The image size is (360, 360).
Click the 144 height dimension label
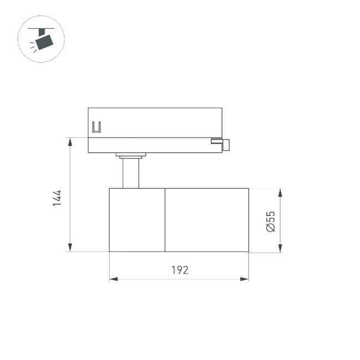coord(57,198)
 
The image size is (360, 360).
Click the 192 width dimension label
coord(179,270)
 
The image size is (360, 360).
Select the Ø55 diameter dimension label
coord(270,220)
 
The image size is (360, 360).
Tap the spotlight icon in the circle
coord(42,39)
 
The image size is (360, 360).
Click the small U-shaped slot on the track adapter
coord(96,127)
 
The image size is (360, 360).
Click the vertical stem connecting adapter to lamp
coord(131,173)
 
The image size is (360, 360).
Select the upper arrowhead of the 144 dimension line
coord(70,142)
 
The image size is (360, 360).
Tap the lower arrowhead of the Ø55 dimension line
coord(280,248)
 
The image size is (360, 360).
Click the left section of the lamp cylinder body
coord(137,220)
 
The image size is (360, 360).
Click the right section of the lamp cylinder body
coord(207,220)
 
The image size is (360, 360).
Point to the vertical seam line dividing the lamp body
coord(166,220)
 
